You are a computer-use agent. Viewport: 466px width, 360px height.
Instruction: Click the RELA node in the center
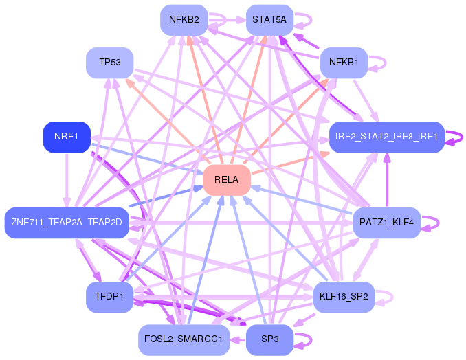(x=227, y=180)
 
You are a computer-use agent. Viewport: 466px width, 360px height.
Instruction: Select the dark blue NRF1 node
(x=67, y=137)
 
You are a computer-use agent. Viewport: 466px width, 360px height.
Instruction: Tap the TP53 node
(x=110, y=63)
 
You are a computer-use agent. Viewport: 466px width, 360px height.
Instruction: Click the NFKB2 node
(x=184, y=20)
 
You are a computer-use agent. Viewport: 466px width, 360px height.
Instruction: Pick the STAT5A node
(x=269, y=20)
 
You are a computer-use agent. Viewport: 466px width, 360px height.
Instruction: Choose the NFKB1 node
(x=344, y=63)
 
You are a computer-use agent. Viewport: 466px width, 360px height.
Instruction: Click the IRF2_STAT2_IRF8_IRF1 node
(x=387, y=137)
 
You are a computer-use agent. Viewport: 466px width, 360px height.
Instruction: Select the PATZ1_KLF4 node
(x=387, y=223)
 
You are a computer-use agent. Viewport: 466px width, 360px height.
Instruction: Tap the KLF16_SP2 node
(x=344, y=297)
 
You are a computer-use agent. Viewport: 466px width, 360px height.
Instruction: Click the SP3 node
(x=269, y=339)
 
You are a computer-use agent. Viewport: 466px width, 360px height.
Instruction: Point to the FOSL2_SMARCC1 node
(x=184, y=339)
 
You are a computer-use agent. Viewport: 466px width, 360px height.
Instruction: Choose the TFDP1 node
(x=110, y=297)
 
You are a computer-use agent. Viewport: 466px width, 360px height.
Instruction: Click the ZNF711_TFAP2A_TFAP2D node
(x=67, y=223)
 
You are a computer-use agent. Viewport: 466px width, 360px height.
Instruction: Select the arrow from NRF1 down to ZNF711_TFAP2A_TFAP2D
(x=67, y=180)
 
